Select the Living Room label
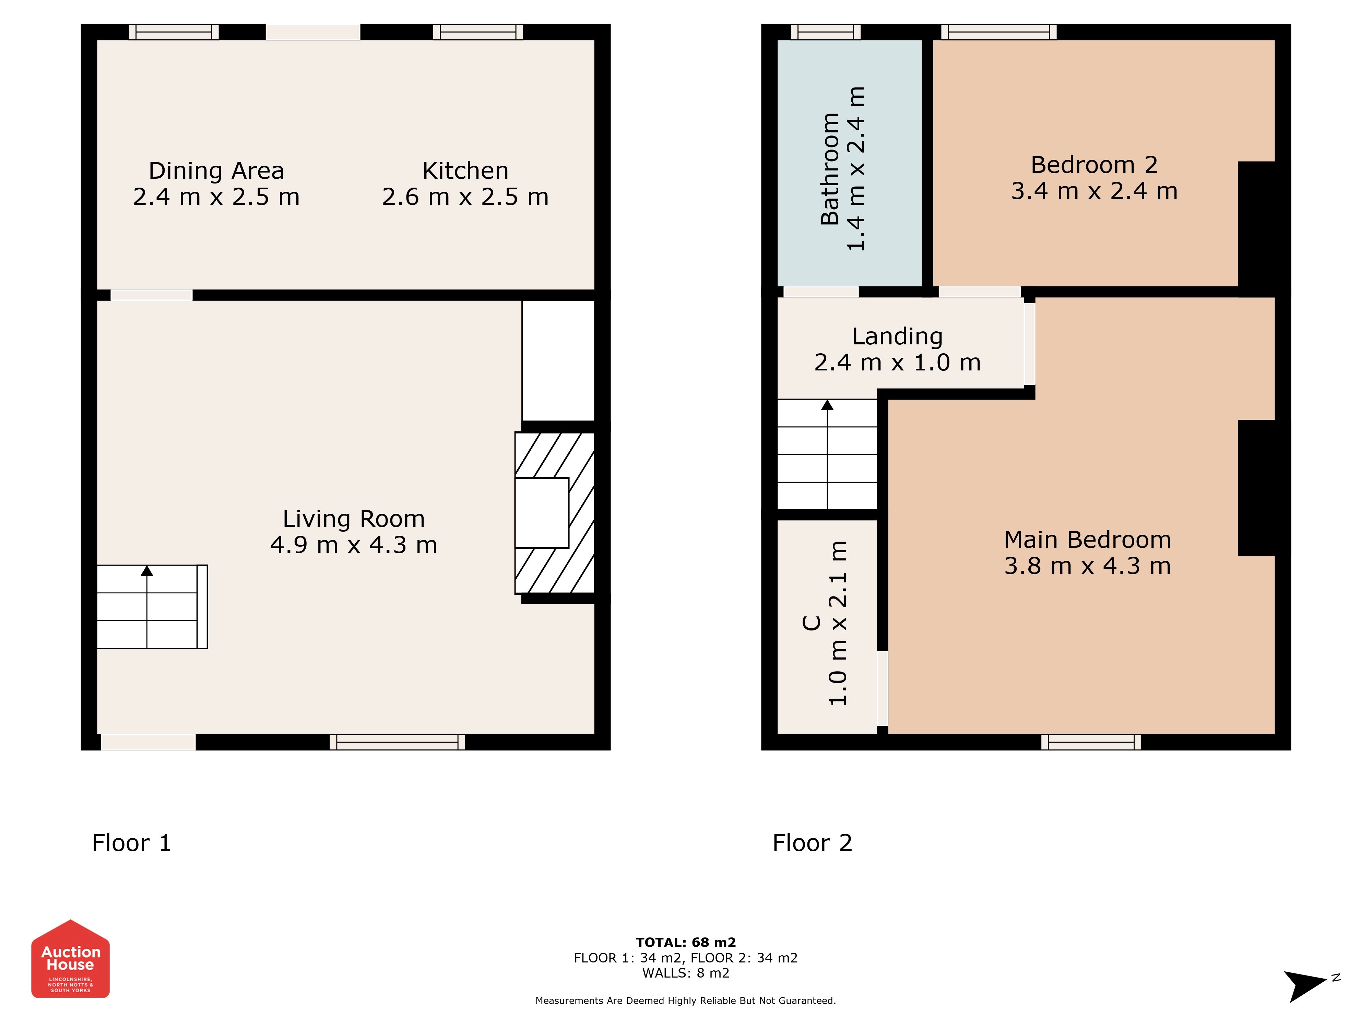[x=354, y=519]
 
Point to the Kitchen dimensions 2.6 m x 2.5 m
[x=465, y=197]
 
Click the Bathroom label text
[x=830, y=169]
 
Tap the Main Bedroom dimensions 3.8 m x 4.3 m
[x=1087, y=566]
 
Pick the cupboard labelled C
[x=827, y=626]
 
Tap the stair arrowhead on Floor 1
[x=147, y=571]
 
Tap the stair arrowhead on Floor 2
[x=827, y=405]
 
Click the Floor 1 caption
[x=131, y=843]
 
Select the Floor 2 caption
[x=813, y=843]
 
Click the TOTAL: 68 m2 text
[x=686, y=943]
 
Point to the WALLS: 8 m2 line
[x=686, y=973]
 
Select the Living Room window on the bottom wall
[x=397, y=742]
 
